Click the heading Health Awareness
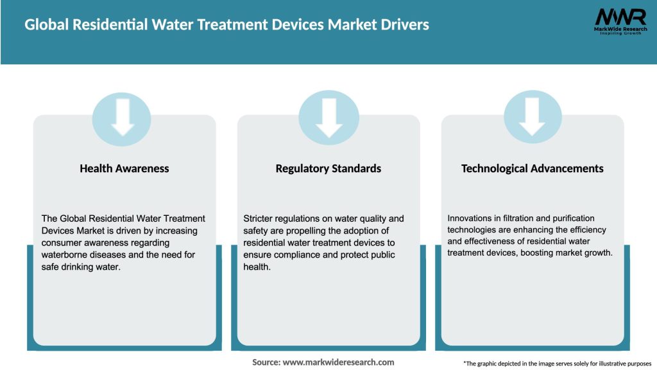point(124,168)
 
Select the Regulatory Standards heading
point(328,168)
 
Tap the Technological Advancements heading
point(533,168)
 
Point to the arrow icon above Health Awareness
point(123,117)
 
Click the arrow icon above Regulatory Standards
point(329,117)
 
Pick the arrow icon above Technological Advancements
point(533,117)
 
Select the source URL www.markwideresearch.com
point(338,362)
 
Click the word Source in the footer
point(266,362)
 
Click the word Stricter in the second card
point(260,219)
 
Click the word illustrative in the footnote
point(597,364)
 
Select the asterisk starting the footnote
point(465,363)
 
